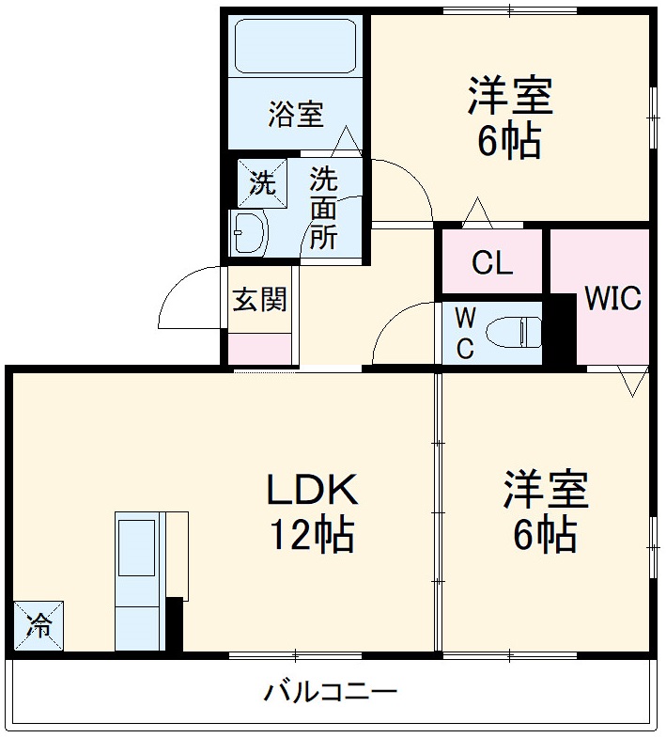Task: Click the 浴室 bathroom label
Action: (x=296, y=116)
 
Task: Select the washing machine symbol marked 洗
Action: (x=262, y=182)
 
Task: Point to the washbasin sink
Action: (x=249, y=231)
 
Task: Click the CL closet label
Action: (x=491, y=263)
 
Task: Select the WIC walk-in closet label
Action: (x=612, y=298)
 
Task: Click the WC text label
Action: (x=465, y=332)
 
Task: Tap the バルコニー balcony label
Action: (x=330, y=695)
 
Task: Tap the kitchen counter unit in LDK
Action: (x=139, y=580)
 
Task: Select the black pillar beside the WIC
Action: (x=562, y=329)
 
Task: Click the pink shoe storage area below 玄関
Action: (x=260, y=349)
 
